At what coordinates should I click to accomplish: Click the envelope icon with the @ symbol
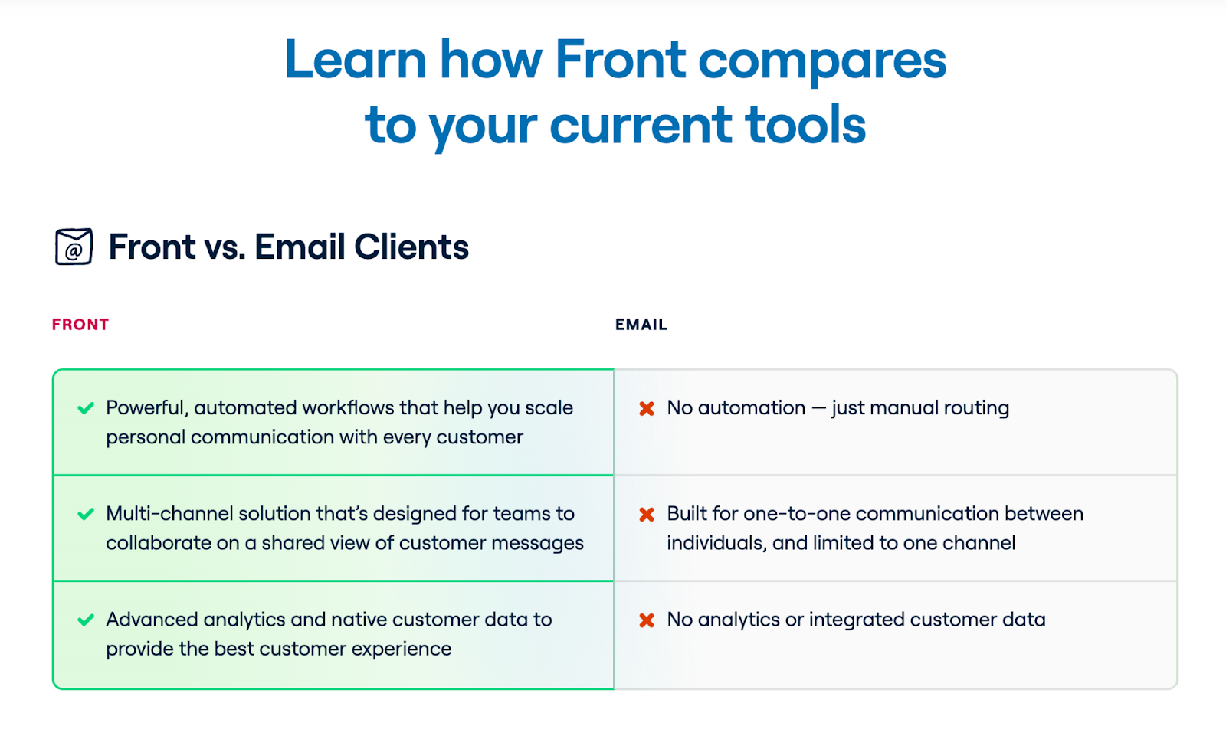point(74,246)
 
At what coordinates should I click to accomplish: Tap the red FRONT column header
point(80,325)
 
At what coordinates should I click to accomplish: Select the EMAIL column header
point(641,325)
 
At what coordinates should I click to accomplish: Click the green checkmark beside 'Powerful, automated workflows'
point(86,408)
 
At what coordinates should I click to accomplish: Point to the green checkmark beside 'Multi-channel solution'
point(86,514)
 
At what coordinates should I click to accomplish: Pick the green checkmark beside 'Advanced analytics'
point(86,620)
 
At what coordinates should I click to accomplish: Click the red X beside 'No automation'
point(647,409)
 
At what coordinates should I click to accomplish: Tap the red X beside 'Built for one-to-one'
point(647,515)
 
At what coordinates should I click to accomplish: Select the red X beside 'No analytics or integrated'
point(647,620)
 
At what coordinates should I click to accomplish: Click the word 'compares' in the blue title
point(822,61)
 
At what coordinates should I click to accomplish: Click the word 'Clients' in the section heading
point(411,247)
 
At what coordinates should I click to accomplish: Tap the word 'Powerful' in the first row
point(147,407)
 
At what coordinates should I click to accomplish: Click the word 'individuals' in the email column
point(717,543)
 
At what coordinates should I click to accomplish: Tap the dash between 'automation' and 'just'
point(819,409)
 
